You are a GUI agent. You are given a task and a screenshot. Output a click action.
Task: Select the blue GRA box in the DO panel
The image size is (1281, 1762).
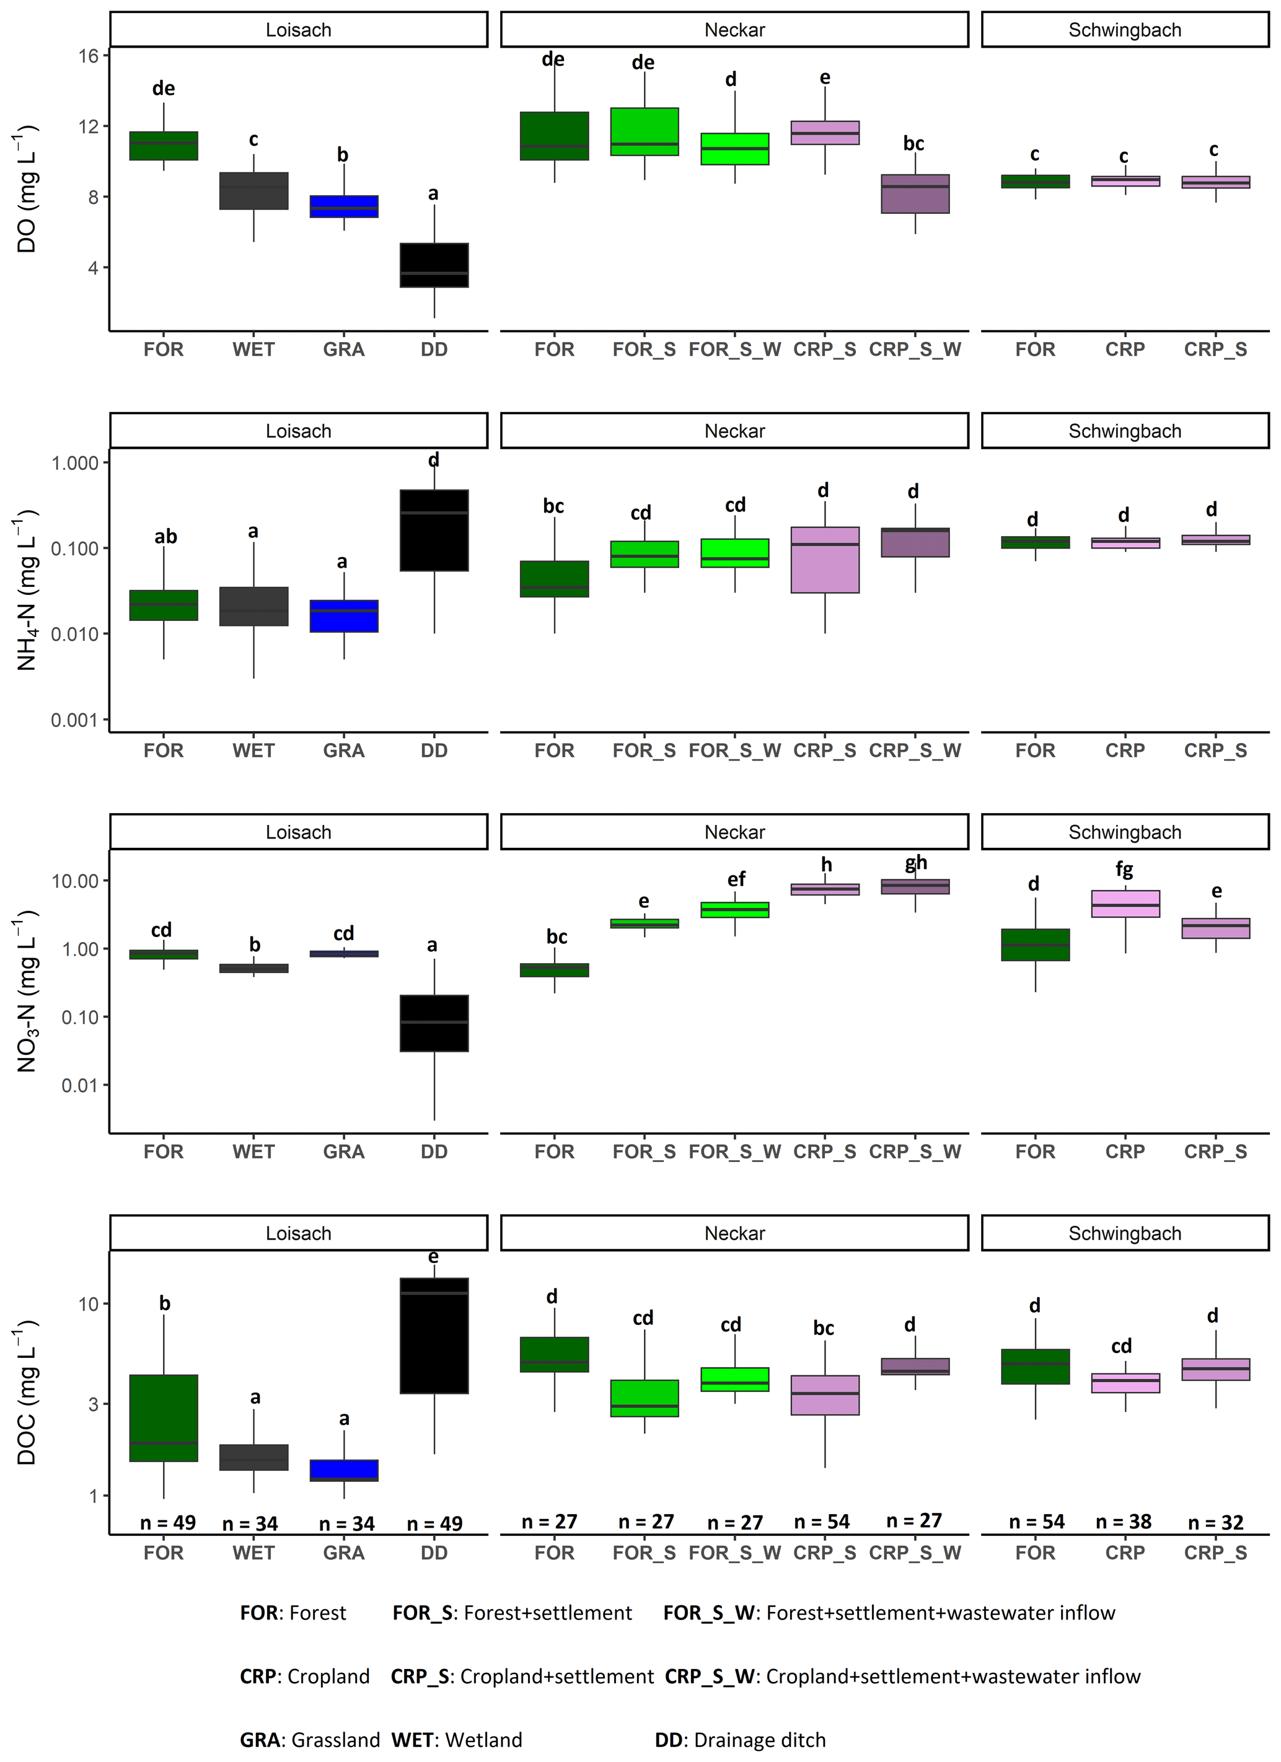tap(343, 206)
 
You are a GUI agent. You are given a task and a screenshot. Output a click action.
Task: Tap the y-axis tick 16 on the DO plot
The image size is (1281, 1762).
tap(89, 56)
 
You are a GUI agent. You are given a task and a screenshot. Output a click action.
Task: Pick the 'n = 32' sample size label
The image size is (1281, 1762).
tap(1216, 1523)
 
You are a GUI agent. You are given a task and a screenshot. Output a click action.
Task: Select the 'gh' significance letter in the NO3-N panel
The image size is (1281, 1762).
tap(916, 862)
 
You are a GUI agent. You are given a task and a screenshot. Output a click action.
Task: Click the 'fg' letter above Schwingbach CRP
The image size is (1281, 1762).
tap(1124, 870)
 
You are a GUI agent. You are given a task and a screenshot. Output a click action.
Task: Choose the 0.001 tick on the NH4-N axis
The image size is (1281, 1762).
tap(74, 720)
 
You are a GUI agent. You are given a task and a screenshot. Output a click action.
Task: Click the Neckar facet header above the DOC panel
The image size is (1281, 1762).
tap(734, 1233)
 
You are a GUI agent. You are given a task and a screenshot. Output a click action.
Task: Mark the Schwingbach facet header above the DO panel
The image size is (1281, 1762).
tap(1124, 30)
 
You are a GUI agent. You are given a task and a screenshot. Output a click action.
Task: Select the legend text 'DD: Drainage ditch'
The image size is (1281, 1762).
tap(739, 1740)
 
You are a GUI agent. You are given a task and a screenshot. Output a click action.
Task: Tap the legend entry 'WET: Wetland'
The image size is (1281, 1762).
tap(457, 1740)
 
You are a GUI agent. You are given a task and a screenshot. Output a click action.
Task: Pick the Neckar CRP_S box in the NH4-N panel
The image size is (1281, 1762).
tap(825, 560)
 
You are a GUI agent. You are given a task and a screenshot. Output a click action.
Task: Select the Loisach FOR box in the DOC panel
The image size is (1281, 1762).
tap(163, 1418)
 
